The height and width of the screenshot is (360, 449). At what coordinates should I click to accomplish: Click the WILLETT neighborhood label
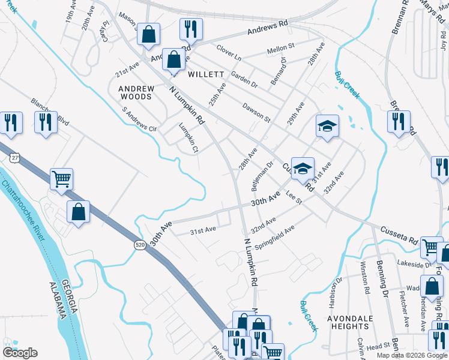206,74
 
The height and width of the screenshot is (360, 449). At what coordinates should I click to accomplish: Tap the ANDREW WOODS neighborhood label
136,92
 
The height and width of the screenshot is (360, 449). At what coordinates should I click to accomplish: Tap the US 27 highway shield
14,158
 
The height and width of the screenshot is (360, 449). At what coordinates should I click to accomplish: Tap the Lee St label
293,194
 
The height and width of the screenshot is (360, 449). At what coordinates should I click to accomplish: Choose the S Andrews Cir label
139,119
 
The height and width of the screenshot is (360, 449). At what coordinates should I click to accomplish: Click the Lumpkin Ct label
188,137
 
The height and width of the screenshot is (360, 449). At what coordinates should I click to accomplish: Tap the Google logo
20,353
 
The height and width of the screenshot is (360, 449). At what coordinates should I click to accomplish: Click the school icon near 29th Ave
327,126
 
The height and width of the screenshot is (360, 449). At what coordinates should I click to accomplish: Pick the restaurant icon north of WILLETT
191,29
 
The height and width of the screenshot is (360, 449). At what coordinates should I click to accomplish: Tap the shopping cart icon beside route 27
61,179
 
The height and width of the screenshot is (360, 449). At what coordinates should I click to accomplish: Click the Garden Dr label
244,80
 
